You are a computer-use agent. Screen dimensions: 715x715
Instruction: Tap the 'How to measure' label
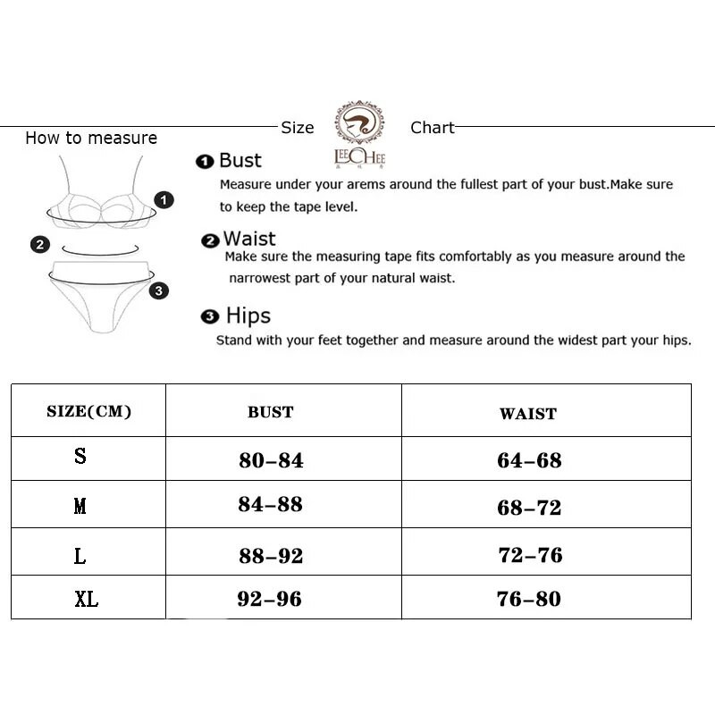[91, 138]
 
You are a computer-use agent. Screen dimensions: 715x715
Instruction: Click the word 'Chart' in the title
[433, 128]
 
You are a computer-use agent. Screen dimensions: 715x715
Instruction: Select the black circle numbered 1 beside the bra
[164, 199]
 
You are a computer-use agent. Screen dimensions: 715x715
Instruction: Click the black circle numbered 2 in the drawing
[40, 244]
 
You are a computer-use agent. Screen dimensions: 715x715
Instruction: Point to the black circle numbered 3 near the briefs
[158, 290]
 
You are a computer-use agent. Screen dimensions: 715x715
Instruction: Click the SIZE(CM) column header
[88, 411]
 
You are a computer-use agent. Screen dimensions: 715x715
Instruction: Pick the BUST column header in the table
[271, 412]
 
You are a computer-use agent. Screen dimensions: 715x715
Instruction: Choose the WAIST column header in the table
[528, 414]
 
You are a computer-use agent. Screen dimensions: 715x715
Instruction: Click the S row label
[80, 457]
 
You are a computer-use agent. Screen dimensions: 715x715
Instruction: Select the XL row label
[87, 599]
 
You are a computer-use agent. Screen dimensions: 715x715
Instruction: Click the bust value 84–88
[271, 504]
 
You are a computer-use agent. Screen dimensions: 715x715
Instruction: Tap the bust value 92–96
[269, 599]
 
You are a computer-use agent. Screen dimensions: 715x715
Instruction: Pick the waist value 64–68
[529, 460]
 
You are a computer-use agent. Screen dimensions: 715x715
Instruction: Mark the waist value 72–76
[530, 555]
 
